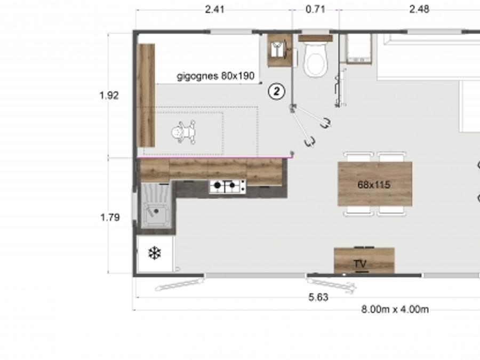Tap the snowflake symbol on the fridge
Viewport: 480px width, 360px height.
[x=155, y=253]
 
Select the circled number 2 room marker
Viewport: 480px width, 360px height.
[x=276, y=91]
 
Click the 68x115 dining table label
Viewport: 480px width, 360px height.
[x=374, y=185]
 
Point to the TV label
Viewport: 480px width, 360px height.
[x=360, y=263]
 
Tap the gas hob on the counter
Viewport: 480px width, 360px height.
[x=227, y=186]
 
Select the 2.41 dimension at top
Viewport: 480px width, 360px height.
[x=214, y=10]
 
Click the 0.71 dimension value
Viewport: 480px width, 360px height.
[x=315, y=9]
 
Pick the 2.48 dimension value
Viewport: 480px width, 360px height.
[x=419, y=9]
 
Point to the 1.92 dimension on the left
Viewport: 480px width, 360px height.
[x=109, y=95]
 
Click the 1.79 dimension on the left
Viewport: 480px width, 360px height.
[x=110, y=218]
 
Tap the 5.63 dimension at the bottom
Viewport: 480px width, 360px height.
[x=318, y=297]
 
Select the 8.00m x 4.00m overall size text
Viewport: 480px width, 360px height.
[x=395, y=309]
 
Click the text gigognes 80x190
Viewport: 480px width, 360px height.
[x=215, y=76]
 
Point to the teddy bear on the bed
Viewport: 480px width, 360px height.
[x=183, y=132]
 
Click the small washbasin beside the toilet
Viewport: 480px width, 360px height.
[x=279, y=50]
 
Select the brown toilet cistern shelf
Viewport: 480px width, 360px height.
[x=315, y=38]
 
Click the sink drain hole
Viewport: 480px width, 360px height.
[x=156, y=211]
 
